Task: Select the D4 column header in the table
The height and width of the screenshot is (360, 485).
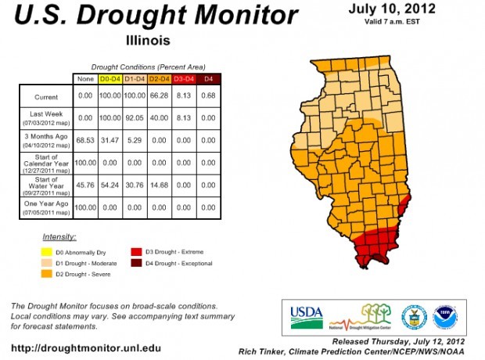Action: pos(208,79)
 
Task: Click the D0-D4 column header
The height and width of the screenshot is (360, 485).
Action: pos(113,79)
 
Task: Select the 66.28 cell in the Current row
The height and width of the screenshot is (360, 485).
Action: pos(160,95)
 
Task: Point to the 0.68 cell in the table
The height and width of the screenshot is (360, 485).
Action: pos(208,95)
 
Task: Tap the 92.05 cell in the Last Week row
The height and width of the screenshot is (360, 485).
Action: pos(136,117)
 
